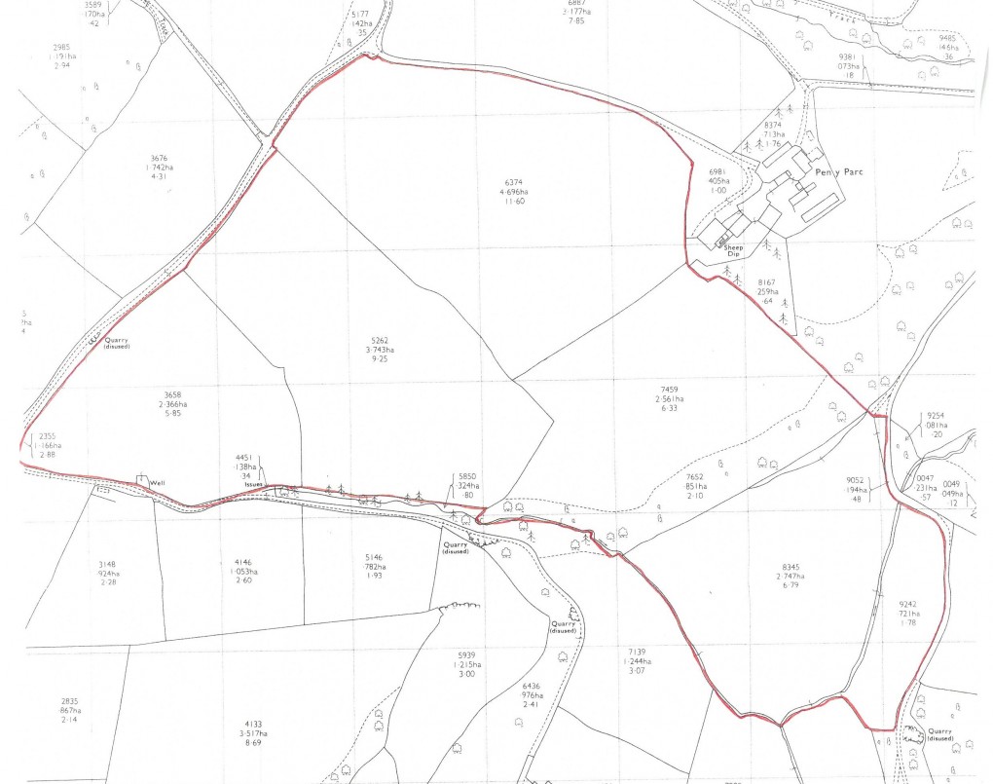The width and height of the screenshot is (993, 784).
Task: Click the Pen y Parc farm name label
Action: click(x=842, y=172)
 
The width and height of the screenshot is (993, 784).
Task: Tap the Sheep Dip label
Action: click(x=733, y=251)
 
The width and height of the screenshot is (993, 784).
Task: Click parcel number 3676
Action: click(x=162, y=158)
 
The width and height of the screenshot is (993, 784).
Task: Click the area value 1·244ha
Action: click(x=639, y=660)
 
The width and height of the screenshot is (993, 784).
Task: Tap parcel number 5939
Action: click(x=468, y=654)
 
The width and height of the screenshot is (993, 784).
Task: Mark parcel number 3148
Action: click(x=107, y=564)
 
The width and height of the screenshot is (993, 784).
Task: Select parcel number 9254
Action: click(x=937, y=415)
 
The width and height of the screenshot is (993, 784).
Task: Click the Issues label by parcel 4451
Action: click(x=254, y=484)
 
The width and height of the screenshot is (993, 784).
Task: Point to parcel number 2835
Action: click(x=69, y=701)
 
